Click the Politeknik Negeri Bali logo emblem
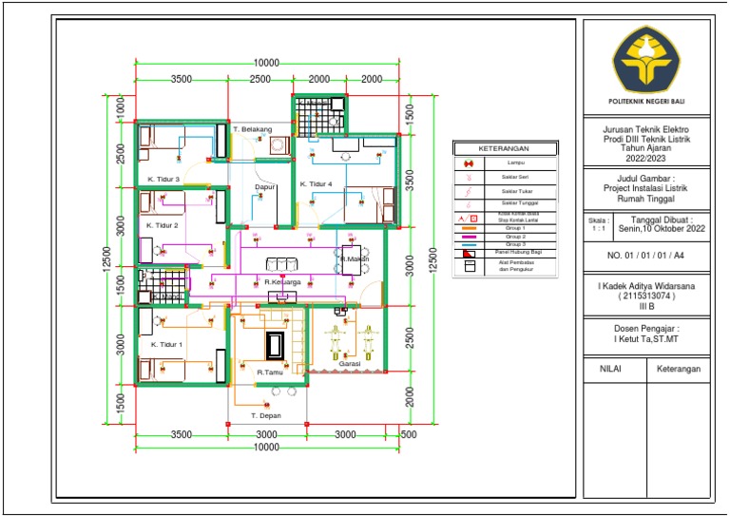pyautogui.click(x=645, y=58)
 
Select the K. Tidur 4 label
pyautogui.click(x=317, y=183)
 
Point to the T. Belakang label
pyautogui.click(x=253, y=128)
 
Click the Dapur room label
pyautogui.click(x=265, y=187)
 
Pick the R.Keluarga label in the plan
pyautogui.click(x=283, y=282)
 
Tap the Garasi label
pyautogui.click(x=349, y=364)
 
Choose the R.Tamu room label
pyautogui.click(x=272, y=373)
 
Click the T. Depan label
pyautogui.click(x=266, y=416)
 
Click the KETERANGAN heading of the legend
pyautogui.click(x=504, y=149)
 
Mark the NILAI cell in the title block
pyautogui.click(x=609, y=368)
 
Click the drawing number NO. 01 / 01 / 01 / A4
pyautogui.click(x=645, y=256)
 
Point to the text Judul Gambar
pyautogui.click(x=645, y=177)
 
